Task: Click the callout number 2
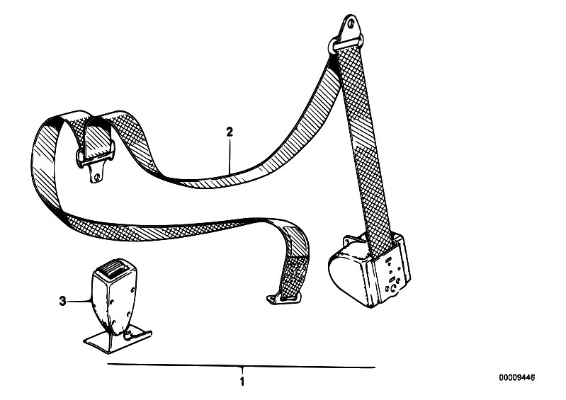[x=230, y=132]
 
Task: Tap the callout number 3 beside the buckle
[x=63, y=301]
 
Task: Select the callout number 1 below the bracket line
[x=242, y=382]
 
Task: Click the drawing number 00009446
[x=517, y=378]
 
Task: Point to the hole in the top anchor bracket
[x=350, y=24]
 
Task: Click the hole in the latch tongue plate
[x=97, y=177]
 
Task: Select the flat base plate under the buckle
[x=118, y=338]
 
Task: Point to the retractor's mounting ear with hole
[x=349, y=240]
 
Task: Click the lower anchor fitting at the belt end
[x=283, y=299]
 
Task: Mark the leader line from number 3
[x=79, y=301]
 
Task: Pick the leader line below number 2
[x=230, y=156]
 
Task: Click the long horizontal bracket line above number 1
[x=241, y=366]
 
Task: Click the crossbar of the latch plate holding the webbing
[x=96, y=155]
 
